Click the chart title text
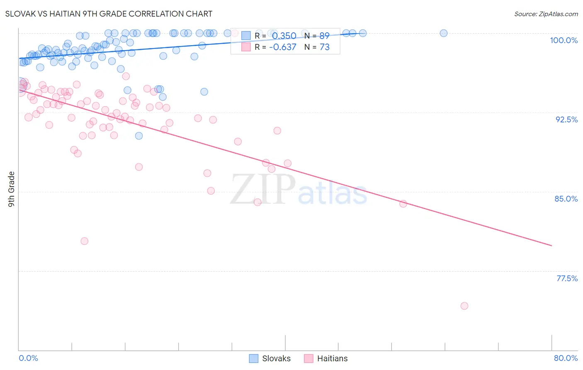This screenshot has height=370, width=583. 109,14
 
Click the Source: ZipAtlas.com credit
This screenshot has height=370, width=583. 546,14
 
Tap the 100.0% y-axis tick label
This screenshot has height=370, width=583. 564,40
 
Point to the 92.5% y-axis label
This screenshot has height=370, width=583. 566,119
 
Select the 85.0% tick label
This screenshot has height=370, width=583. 566,199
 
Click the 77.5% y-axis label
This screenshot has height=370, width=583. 567,278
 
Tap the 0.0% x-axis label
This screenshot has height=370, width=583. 29,358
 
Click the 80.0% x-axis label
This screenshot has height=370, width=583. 566,358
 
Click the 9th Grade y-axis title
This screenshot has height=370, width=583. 12,189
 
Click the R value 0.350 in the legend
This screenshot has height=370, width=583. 284,36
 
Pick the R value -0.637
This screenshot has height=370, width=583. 283,47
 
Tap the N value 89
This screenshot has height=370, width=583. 324,36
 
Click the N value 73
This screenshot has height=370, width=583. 324,47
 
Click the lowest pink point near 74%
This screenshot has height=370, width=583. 464,306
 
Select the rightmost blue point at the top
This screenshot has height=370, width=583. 444,33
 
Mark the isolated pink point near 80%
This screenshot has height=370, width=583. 85,241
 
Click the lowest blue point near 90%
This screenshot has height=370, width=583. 139,136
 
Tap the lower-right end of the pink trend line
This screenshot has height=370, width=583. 551,246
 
